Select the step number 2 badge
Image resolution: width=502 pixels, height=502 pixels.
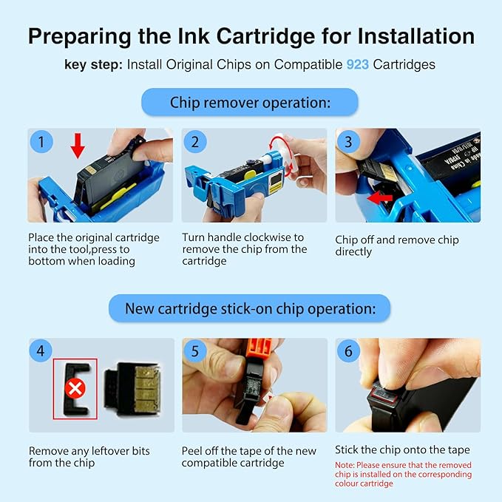tap(195, 140)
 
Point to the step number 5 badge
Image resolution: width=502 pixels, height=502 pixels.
tap(195, 350)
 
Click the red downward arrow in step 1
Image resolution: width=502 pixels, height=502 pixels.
tap(77, 146)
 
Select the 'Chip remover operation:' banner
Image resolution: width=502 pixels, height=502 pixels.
tap(250, 102)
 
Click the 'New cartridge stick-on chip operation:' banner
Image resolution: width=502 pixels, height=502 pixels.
tap(250, 308)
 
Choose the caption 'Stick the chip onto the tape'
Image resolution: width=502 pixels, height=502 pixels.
tap(402, 450)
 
